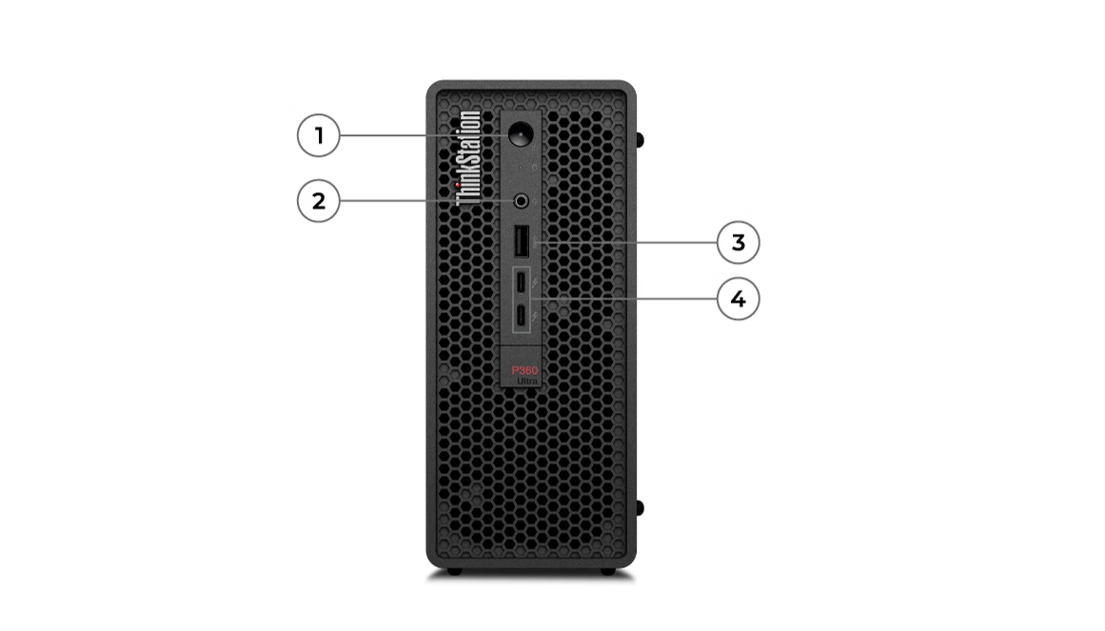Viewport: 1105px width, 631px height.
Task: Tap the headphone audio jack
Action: pos(522,201)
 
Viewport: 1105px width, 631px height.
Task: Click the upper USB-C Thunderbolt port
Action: pos(523,283)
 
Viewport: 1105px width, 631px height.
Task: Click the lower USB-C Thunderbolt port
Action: pos(523,315)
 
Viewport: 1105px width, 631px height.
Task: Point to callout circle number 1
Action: pos(319,136)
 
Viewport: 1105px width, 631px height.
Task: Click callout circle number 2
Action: pos(319,201)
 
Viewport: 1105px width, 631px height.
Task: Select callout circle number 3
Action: pos(739,243)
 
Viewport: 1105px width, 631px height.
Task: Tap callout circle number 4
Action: pos(739,299)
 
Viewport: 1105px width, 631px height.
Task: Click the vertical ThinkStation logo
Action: pos(468,158)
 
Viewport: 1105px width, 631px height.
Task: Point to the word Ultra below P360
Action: pos(527,381)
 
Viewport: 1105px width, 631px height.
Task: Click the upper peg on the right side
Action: pos(640,139)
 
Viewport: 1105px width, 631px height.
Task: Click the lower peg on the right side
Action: pos(640,507)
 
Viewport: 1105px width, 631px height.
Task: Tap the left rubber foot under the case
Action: pos(455,571)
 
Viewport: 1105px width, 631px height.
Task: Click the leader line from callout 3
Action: pos(628,243)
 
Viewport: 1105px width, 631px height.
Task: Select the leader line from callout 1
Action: pos(419,136)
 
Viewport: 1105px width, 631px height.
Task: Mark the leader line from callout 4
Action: pos(628,299)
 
